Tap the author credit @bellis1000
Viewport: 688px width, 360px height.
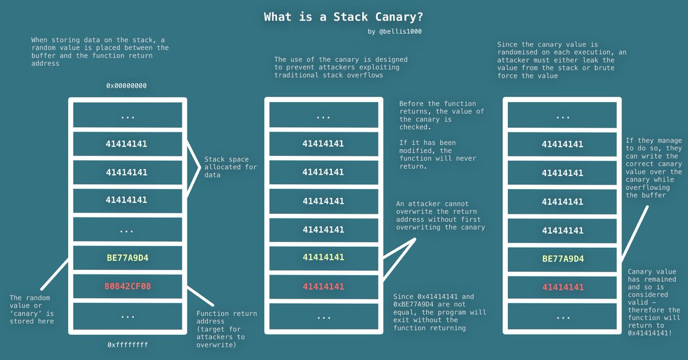point(400,32)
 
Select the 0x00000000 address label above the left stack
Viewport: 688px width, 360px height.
point(127,85)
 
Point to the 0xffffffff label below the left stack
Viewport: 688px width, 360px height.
point(127,345)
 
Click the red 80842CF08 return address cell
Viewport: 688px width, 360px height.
point(127,286)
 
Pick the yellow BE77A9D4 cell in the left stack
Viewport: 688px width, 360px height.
point(127,258)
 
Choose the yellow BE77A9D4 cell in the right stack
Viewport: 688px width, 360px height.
point(562,259)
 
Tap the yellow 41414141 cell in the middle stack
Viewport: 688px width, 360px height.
point(323,257)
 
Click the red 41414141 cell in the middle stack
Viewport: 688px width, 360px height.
point(323,286)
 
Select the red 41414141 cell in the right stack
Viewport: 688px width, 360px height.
point(562,287)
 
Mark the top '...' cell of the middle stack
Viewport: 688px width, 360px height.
point(323,116)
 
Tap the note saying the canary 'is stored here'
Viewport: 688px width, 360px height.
point(32,310)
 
